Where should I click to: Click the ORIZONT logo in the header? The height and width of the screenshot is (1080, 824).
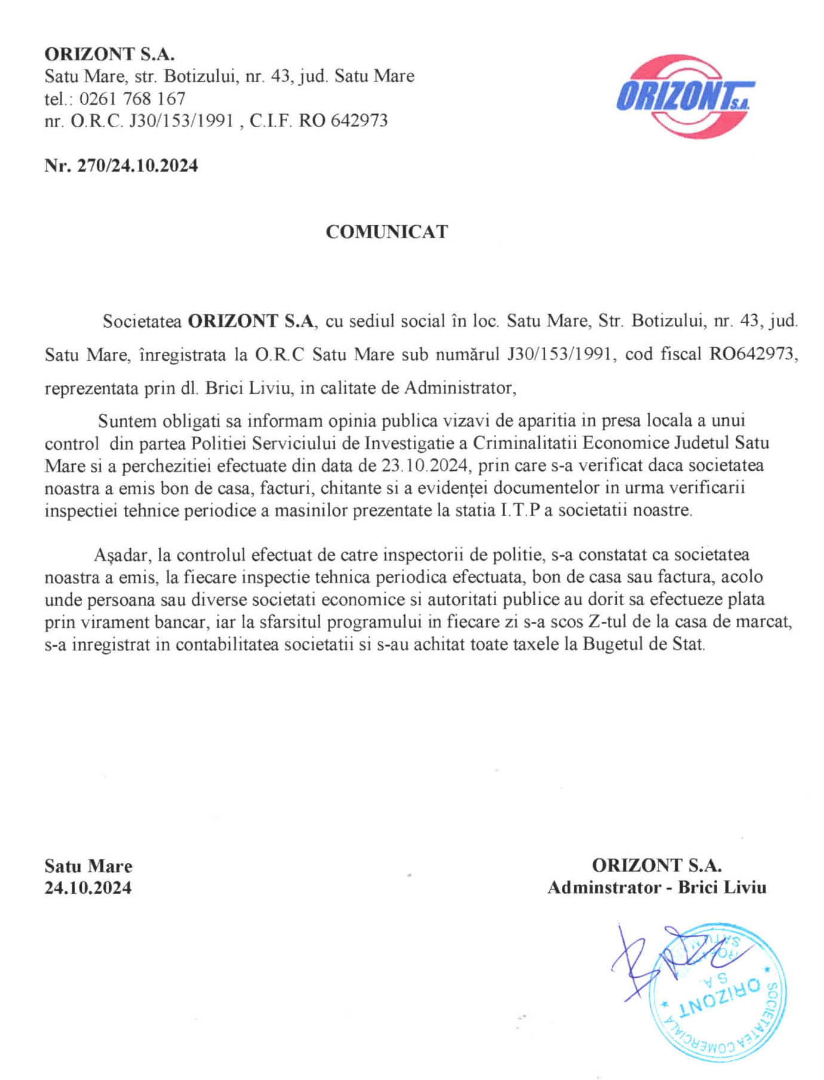(x=685, y=96)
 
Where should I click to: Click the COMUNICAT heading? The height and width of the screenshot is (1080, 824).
(x=386, y=232)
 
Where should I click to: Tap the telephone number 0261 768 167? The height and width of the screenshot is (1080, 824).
(x=132, y=99)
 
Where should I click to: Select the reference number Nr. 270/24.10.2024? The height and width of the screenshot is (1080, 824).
(x=121, y=165)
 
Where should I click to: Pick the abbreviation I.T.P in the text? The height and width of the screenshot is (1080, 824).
(x=520, y=511)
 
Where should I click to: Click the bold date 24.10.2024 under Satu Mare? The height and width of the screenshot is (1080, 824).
(x=88, y=888)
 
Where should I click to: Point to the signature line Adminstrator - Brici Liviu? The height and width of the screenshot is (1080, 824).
(x=657, y=888)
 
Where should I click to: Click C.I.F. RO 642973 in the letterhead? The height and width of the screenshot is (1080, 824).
(x=319, y=121)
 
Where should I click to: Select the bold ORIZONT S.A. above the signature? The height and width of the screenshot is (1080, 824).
(x=657, y=865)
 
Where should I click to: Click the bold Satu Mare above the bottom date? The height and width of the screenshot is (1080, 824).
(x=88, y=866)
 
